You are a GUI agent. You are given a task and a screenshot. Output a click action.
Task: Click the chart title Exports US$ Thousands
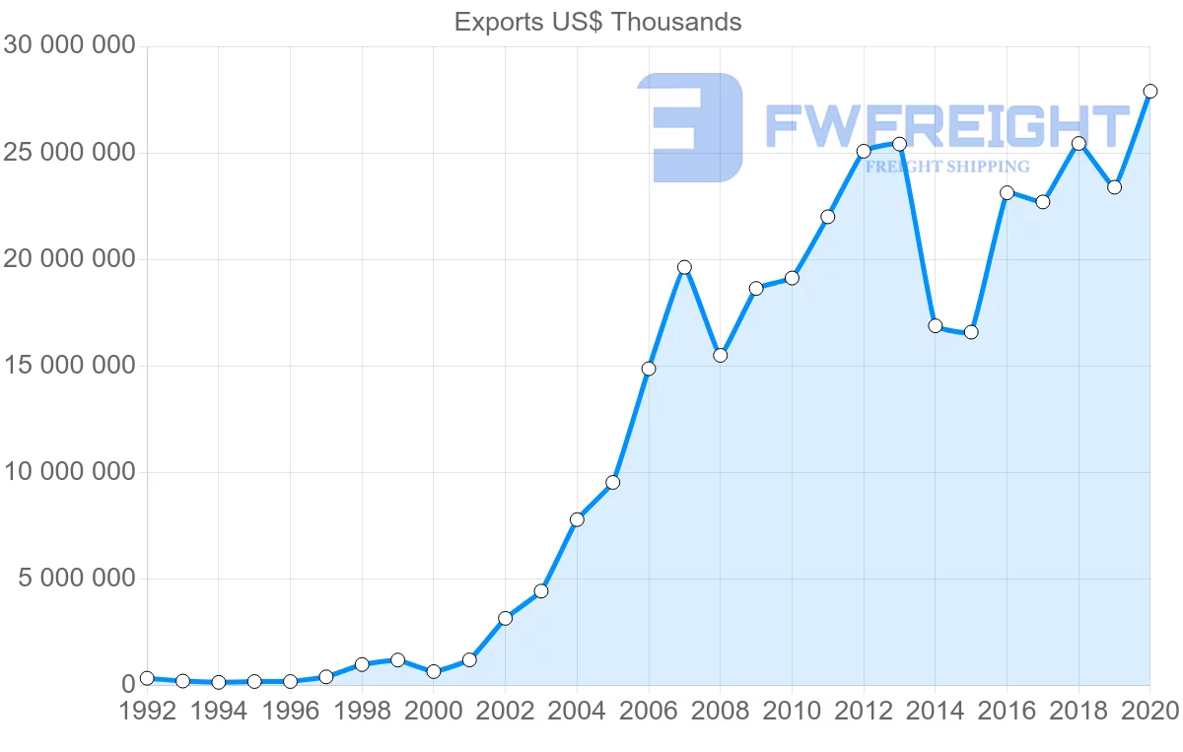pyautogui.click(x=597, y=22)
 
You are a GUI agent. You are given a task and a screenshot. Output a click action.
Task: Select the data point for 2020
pyautogui.click(x=1149, y=92)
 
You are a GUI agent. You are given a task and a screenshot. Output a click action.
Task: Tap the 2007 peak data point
pyautogui.click(x=684, y=267)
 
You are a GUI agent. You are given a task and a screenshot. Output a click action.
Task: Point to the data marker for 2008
pyautogui.click(x=721, y=355)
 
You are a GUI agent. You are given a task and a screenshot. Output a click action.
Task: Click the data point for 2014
pyautogui.click(x=936, y=326)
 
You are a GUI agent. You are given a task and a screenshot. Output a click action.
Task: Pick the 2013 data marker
pyautogui.click(x=899, y=144)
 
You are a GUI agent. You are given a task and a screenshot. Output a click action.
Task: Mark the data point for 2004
pyautogui.click(x=577, y=519)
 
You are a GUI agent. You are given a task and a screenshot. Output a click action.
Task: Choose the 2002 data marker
pyautogui.click(x=505, y=618)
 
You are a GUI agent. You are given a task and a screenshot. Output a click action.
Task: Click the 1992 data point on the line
pyautogui.click(x=147, y=678)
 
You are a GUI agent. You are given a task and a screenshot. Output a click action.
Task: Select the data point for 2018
pyautogui.click(x=1079, y=144)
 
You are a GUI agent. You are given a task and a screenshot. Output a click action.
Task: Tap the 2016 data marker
pyautogui.click(x=1007, y=193)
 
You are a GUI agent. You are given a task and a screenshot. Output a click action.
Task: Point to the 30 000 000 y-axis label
pyautogui.click(x=68, y=45)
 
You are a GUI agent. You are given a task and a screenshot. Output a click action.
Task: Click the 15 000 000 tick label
pyautogui.click(x=68, y=366)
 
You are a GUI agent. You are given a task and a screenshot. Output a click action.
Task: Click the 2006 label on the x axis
pyautogui.click(x=649, y=713)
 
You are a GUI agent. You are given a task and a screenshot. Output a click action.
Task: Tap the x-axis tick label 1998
pyautogui.click(x=362, y=713)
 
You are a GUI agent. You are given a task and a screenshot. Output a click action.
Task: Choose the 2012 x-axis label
pyautogui.click(x=864, y=713)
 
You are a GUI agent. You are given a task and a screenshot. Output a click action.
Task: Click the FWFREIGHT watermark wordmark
pyautogui.click(x=946, y=127)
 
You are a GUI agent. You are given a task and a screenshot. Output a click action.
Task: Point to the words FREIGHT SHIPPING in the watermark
pyautogui.click(x=946, y=167)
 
